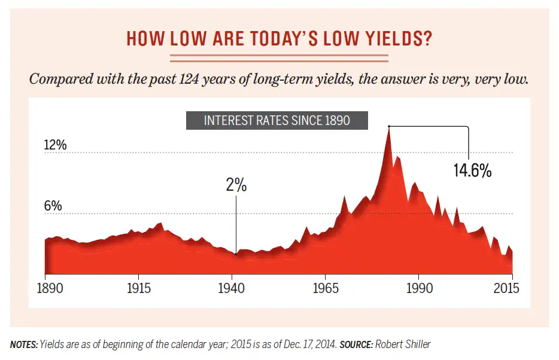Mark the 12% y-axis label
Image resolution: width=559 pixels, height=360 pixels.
point(56,145)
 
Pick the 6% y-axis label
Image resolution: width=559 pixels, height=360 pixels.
point(53,205)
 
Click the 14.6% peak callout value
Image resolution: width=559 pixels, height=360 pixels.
point(472,171)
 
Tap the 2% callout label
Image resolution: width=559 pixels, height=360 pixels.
point(236,185)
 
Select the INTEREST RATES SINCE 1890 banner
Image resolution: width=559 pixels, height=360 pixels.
point(277,120)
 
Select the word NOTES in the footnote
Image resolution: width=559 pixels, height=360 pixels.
point(23,344)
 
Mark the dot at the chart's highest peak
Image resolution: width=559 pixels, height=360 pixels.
point(388,126)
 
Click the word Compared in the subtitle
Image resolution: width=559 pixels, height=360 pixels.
point(58,80)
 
